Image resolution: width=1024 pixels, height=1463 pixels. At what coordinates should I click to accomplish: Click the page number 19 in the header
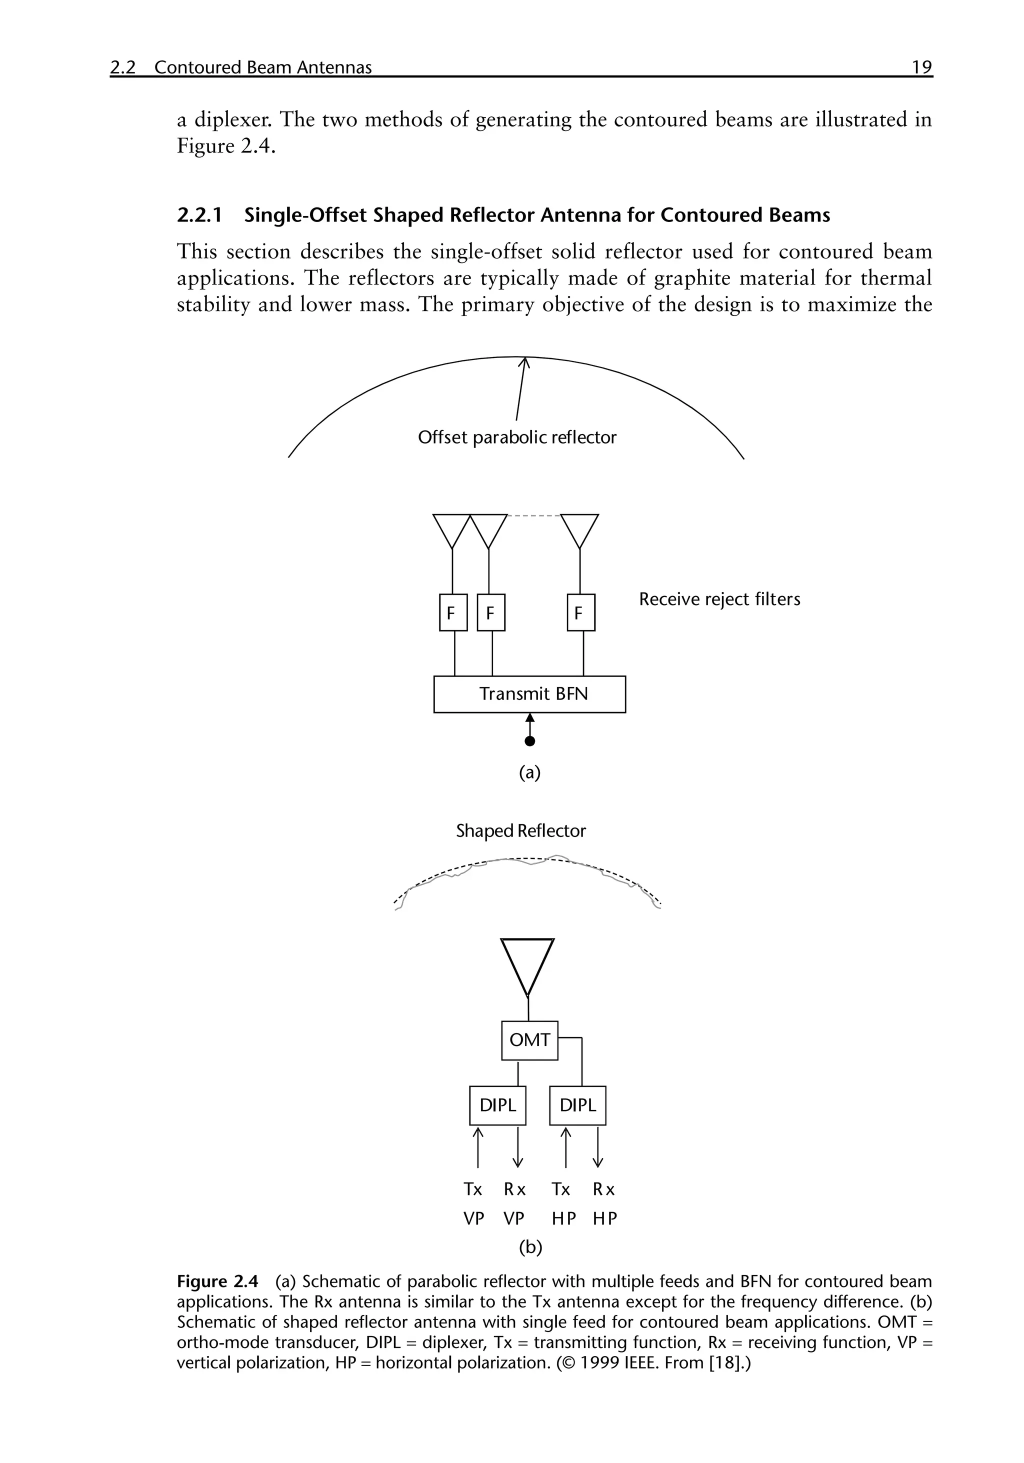coord(921,67)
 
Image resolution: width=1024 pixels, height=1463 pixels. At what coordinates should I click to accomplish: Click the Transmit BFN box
coord(529,694)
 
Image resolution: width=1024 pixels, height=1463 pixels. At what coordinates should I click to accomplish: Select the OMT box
coord(529,1040)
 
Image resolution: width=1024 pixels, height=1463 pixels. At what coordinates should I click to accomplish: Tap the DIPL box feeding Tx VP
coord(497,1105)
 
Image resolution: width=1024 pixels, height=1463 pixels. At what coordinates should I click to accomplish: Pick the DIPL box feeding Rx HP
coord(577,1105)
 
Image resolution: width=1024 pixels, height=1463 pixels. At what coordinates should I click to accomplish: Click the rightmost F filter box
coord(580,612)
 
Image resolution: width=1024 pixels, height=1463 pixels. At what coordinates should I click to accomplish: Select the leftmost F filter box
coord(453,612)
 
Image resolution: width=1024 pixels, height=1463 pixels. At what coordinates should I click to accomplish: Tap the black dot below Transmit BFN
coord(529,741)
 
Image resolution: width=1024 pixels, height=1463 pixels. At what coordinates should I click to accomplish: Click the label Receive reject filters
coord(719,599)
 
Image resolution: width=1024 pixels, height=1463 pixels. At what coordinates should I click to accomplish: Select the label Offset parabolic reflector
coord(517,437)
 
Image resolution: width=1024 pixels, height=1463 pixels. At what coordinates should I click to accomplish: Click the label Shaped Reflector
coord(520,831)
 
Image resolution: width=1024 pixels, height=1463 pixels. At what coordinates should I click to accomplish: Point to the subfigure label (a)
coord(529,773)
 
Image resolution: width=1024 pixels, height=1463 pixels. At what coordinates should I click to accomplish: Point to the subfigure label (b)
coord(530,1247)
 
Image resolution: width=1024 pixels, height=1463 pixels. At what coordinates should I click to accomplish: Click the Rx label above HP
coord(603,1189)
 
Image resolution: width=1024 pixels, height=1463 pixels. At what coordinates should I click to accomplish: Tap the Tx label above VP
coord(473,1189)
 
